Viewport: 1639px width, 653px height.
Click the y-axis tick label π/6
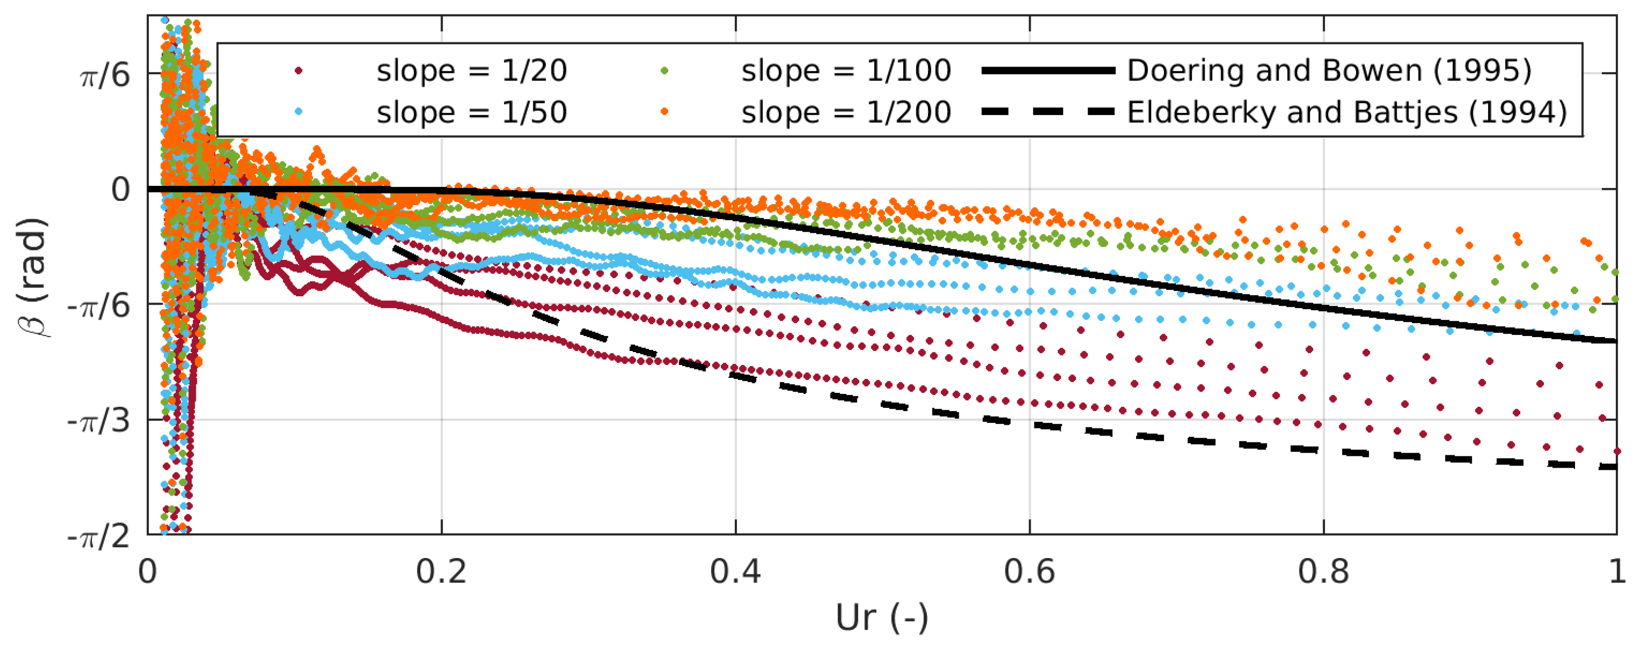pos(105,76)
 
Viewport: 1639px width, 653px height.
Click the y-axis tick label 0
pos(121,189)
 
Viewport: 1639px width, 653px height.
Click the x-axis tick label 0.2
pos(441,571)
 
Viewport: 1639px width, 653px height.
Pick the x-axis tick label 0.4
pos(735,571)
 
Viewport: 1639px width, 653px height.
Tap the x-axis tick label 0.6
pos(1030,571)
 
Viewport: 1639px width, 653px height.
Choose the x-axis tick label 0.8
pos(1323,571)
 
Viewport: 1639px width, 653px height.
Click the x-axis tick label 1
pos(1617,571)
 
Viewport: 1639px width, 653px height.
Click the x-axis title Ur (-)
pos(882,617)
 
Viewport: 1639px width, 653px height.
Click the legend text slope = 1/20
pos(471,71)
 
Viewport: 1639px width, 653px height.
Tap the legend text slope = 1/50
pos(471,113)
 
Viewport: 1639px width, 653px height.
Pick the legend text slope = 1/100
pos(846,71)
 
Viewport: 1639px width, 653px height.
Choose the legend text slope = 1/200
pos(846,113)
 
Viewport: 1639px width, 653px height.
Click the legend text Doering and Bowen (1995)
pos(1329,71)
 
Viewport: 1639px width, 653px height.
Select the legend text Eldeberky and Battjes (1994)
pos(1347,113)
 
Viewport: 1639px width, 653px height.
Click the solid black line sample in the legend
pos(1048,71)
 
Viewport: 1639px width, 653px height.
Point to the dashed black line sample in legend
pos(1048,113)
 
